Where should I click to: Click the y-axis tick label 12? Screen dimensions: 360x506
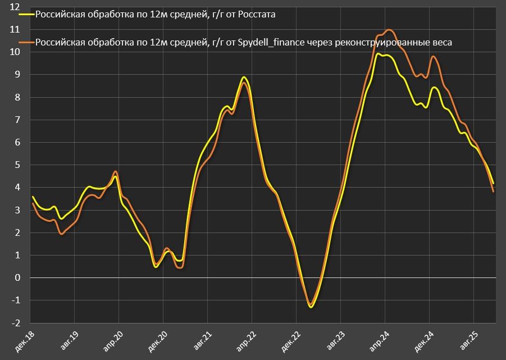coord(15,7)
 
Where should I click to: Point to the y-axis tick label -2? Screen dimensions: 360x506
coord(16,323)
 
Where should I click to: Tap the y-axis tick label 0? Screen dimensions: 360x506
coord(18,277)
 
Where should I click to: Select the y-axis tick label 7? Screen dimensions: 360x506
coord(18,120)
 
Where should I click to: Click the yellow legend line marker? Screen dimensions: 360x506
coord(26,15)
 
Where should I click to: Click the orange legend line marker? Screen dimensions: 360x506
coord(26,42)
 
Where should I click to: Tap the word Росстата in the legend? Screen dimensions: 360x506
coord(256,15)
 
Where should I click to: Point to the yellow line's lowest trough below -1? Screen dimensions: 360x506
coord(311,307)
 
